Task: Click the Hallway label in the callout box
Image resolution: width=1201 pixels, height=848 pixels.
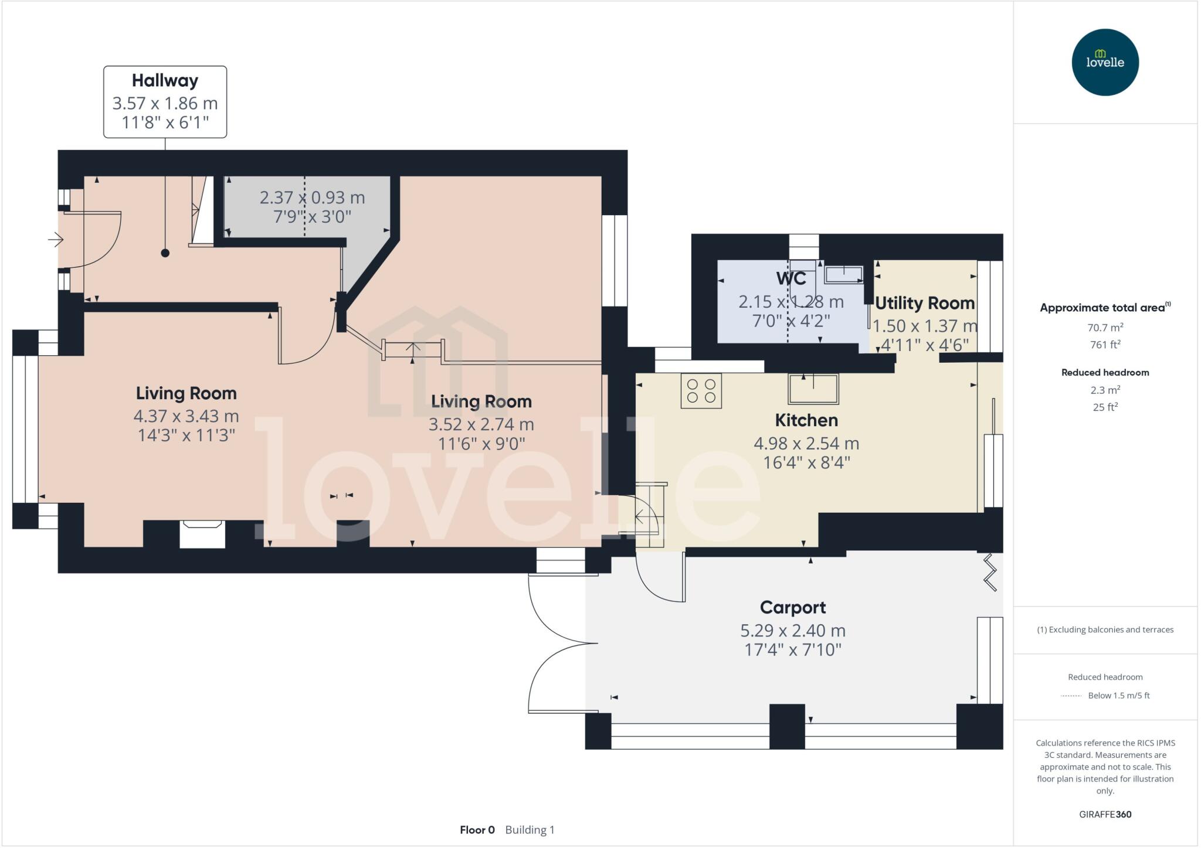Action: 165,80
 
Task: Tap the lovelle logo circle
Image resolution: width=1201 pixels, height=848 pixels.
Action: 1105,62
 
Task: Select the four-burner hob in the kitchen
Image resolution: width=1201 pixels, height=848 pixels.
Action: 701,391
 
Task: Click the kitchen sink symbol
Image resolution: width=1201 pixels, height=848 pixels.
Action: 813,389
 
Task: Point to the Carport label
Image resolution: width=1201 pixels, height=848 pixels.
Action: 793,607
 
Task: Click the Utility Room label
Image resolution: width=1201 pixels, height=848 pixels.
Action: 925,303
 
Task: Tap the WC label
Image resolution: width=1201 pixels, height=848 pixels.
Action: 791,278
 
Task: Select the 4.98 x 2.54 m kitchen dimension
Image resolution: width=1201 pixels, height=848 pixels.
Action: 806,443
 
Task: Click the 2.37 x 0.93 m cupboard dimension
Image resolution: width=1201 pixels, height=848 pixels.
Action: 312,197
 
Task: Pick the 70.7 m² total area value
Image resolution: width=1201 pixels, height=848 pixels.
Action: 1105,328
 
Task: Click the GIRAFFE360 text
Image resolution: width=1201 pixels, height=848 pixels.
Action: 1105,814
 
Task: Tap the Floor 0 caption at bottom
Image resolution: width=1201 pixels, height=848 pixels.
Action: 477,830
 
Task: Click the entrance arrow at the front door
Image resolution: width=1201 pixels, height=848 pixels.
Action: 56,240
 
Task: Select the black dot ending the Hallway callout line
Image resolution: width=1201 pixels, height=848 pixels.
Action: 165,253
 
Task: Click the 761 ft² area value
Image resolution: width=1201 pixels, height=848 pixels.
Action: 1105,345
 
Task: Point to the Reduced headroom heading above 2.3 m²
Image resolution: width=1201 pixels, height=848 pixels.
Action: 1105,372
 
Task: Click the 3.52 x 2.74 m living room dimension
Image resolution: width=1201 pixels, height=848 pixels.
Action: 481,424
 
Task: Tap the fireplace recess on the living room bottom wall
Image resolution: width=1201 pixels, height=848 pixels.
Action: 202,534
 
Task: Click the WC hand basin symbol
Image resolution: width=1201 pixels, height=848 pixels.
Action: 844,274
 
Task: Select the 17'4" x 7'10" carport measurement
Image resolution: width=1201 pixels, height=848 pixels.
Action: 793,649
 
